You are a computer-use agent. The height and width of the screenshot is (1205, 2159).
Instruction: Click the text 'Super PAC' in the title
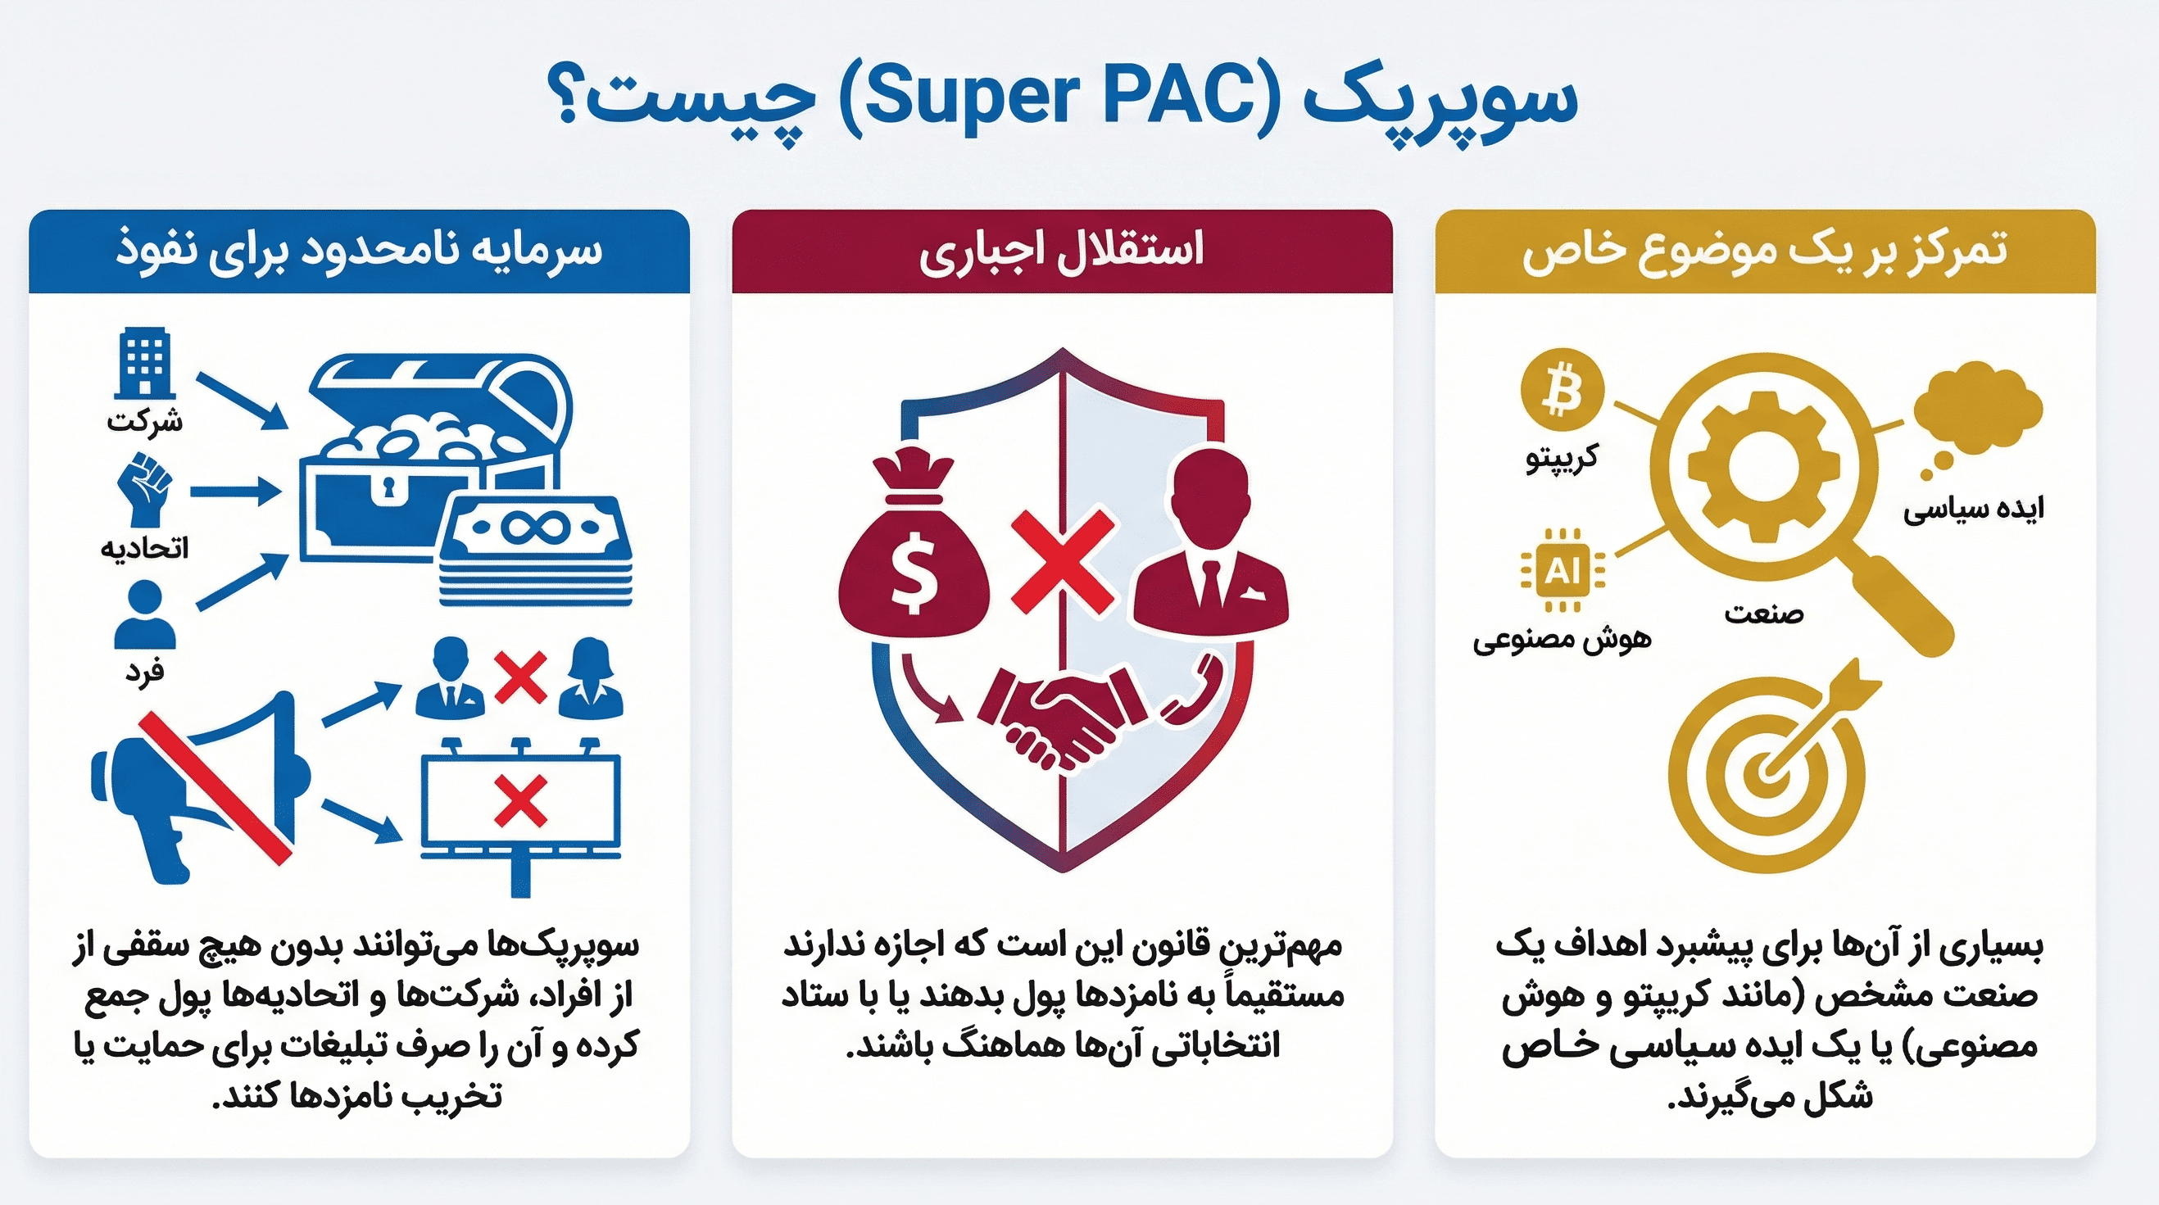1060,99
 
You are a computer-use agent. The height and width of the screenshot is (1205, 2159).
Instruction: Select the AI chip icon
1563,572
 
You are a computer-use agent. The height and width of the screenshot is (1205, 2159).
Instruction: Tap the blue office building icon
144,363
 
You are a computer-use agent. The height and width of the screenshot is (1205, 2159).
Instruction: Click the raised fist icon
144,489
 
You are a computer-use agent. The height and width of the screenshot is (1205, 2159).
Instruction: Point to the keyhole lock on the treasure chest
387,487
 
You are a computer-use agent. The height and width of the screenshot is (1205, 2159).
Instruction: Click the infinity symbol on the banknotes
534,527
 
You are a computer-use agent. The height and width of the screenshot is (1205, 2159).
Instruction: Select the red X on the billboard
520,800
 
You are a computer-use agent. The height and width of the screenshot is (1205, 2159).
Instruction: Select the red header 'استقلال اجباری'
1062,251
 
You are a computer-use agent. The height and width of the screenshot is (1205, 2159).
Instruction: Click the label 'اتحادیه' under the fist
144,548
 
